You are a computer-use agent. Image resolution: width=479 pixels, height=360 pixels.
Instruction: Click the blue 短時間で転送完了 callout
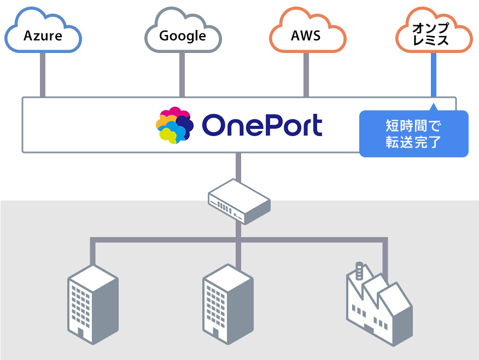(x=413, y=134)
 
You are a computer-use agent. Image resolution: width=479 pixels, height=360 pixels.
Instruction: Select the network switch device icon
(x=239, y=202)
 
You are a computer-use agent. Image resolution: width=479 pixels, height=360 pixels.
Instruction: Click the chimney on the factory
(x=359, y=270)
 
